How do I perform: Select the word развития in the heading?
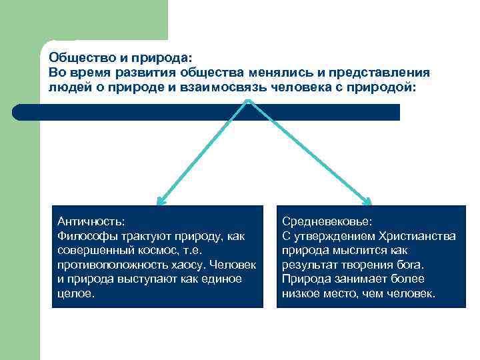[x=153, y=72]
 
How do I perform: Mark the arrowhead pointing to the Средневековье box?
[x=369, y=200]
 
